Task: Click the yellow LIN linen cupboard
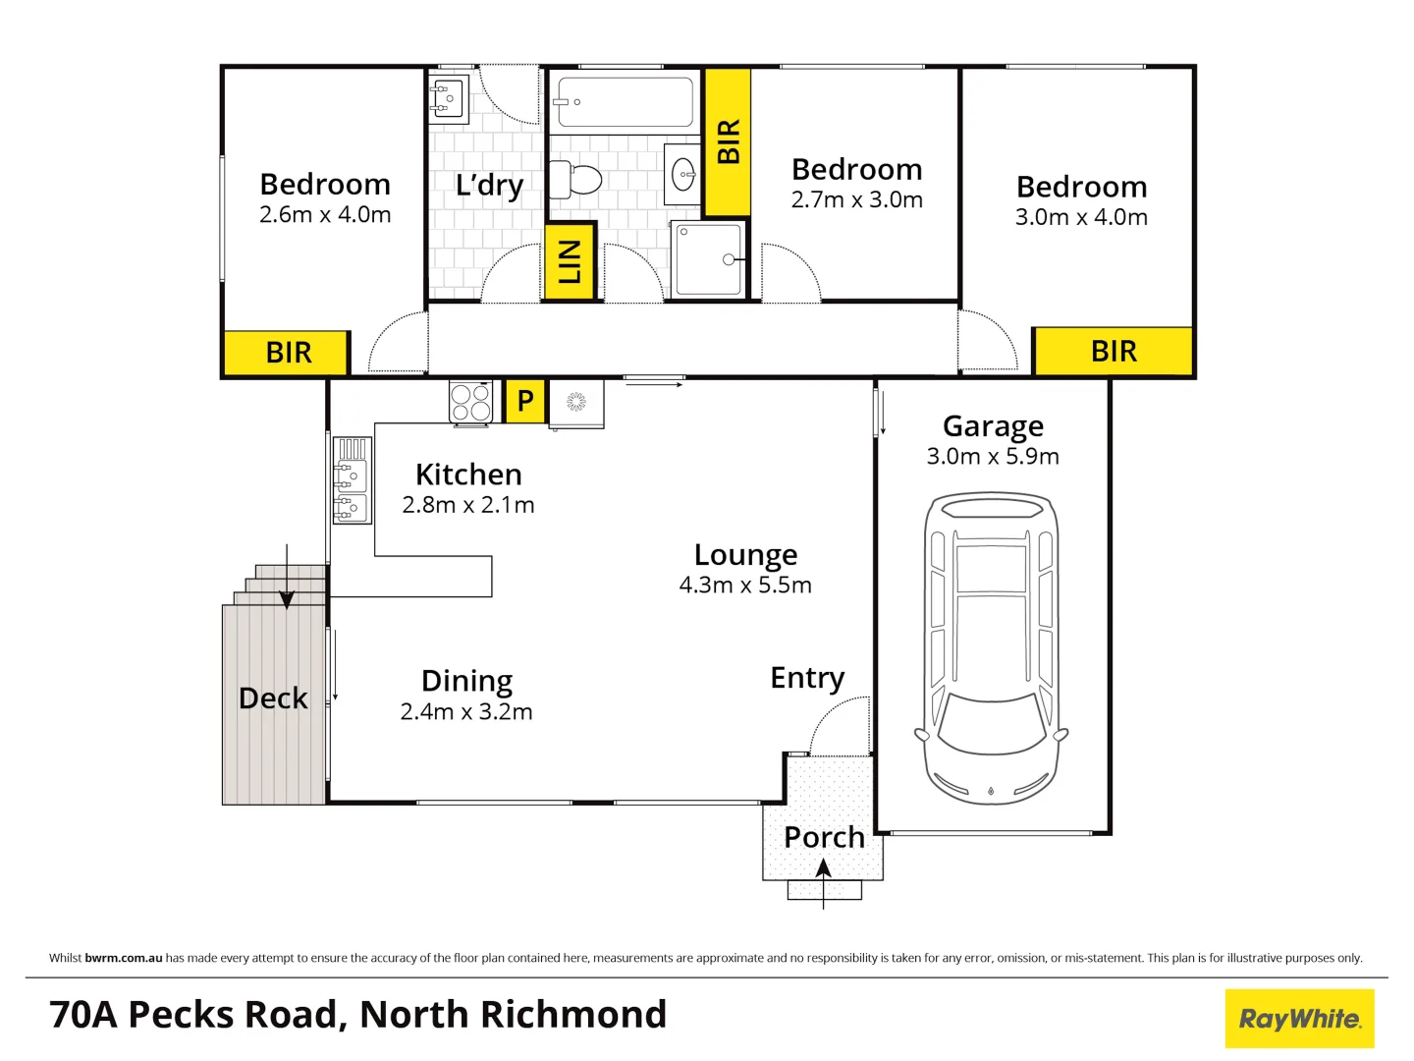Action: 570,261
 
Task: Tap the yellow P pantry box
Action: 525,401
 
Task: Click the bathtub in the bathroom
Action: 624,102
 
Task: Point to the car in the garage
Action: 991,648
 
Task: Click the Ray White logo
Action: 1299,1019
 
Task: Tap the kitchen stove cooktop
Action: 470,402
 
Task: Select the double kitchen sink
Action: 351,480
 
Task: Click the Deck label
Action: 273,698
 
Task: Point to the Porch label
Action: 824,838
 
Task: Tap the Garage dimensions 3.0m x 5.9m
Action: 993,457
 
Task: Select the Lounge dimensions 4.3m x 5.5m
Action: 745,586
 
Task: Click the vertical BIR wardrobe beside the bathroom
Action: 728,141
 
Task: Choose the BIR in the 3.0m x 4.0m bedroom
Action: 1114,352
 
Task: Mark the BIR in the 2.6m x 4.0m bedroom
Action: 288,353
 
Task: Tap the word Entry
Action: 807,678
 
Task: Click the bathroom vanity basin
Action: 682,176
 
